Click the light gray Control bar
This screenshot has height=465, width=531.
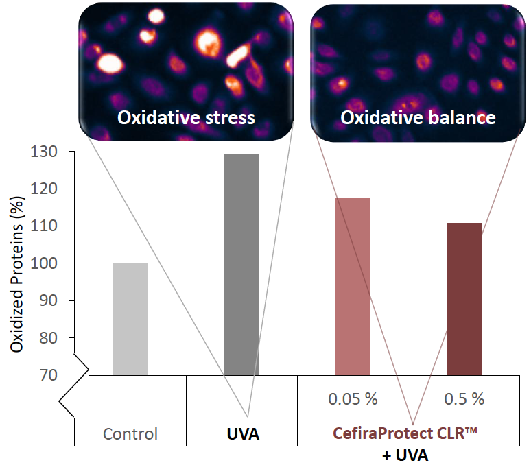coord(130,319)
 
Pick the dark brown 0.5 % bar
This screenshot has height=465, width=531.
coord(464,299)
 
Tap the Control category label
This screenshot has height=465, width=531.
coord(130,434)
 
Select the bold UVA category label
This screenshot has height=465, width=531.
coord(242,434)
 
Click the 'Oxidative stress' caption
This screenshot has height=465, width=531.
coord(186,117)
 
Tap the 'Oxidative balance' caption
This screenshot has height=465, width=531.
coord(418,117)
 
